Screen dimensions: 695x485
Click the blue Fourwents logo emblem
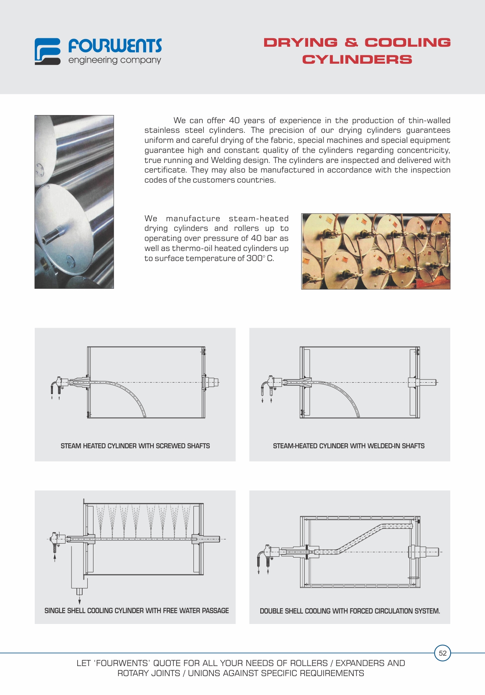click(x=47, y=51)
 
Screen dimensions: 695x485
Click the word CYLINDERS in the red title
click(x=357, y=60)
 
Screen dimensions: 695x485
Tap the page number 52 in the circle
click(x=443, y=653)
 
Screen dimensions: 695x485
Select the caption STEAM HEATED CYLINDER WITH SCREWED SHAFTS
click(x=135, y=446)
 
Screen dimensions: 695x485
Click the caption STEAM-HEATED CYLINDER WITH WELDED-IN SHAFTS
click(x=349, y=446)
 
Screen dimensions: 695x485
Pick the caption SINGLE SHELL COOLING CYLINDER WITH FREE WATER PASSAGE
click(x=136, y=611)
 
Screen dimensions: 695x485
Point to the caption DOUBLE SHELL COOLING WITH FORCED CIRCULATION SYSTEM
click(x=350, y=611)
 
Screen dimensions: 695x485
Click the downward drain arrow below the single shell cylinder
click(x=80, y=601)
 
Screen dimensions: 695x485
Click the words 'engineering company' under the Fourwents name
click(x=115, y=60)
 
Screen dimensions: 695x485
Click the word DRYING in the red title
click(x=300, y=42)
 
